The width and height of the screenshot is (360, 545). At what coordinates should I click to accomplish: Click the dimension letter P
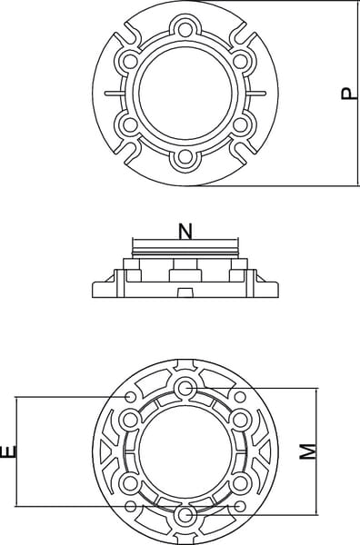[x=349, y=94]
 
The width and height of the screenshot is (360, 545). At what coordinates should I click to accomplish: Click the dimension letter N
[x=185, y=232]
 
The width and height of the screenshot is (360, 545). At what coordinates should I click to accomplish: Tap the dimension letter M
[x=308, y=451]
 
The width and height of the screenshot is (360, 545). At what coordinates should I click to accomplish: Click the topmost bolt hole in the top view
[x=185, y=28]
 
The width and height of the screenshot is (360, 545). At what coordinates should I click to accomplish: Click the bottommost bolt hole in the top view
[x=185, y=158]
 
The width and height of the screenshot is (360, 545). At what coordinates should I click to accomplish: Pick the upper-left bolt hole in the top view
[x=130, y=61]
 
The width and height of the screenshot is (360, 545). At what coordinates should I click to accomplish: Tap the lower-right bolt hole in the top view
[x=240, y=125]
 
